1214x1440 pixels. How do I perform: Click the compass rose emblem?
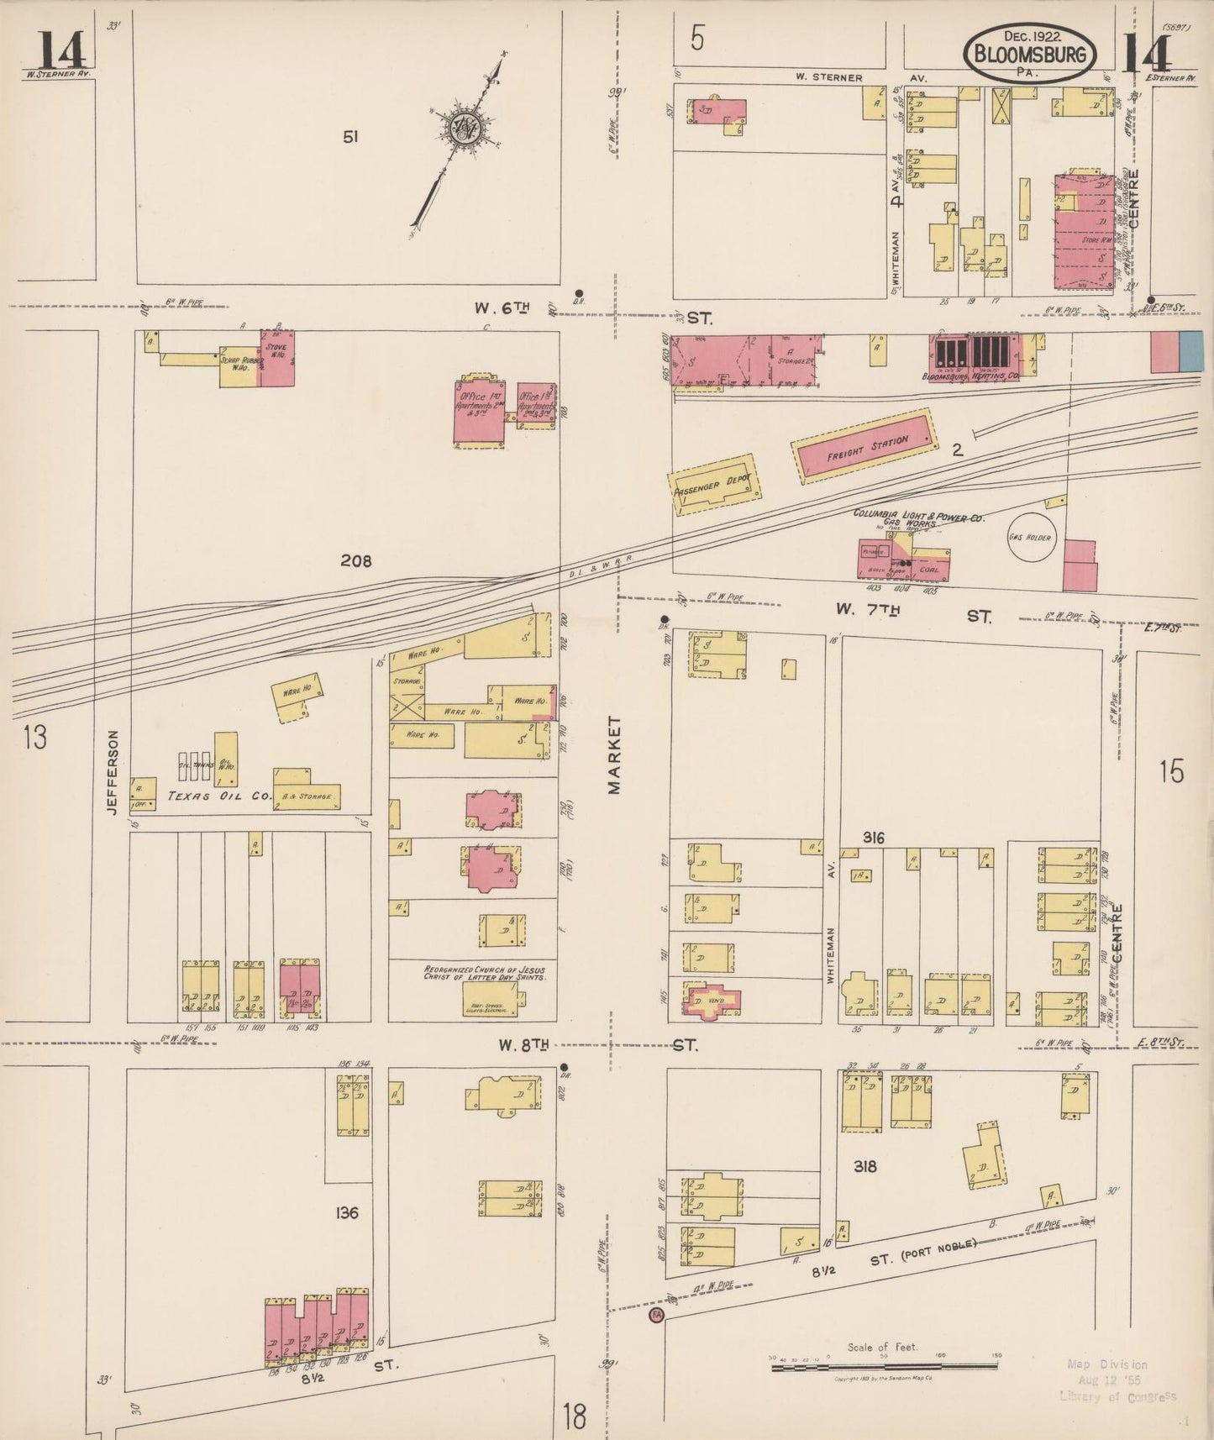[x=463, y=130]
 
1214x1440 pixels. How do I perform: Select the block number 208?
[x=355, y=560]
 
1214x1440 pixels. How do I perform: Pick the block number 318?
[x=865, y=1166]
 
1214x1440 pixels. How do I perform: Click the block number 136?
[x=346, y=1212]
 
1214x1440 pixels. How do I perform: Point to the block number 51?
[x=350, y=136]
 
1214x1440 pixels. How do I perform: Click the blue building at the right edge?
[x=1190, y=350]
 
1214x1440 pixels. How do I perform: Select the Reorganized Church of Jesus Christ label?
[x=485, y=974]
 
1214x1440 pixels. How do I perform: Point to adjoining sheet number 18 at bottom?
[x=575, y=1417]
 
